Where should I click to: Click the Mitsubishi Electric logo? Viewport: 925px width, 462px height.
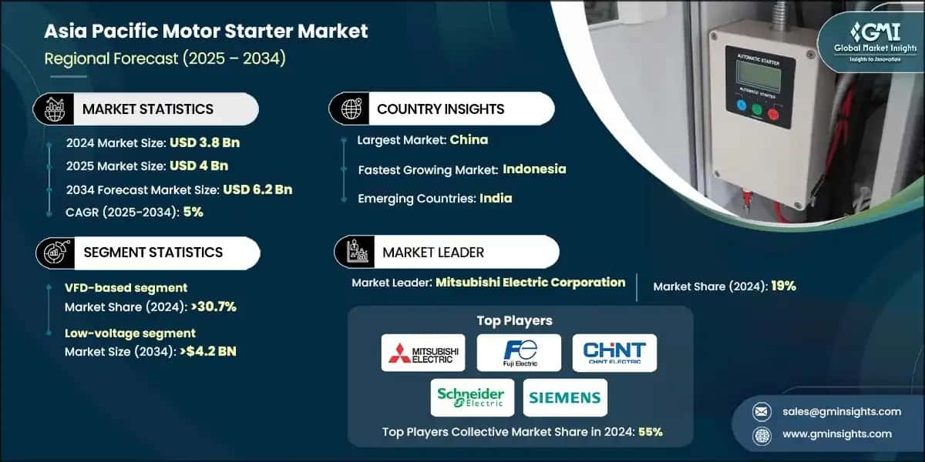424,353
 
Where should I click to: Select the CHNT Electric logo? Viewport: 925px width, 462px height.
614,353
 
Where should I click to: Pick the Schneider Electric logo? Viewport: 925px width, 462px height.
470,397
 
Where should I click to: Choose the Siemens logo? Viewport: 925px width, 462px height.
565,397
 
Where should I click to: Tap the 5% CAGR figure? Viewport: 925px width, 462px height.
193,212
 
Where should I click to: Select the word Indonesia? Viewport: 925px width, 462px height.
534,169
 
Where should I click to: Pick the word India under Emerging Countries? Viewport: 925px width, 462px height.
496,198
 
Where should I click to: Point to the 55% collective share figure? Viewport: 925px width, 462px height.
649,432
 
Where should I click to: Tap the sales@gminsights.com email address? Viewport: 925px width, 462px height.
842,411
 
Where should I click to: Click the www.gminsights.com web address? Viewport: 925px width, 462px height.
837,434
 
